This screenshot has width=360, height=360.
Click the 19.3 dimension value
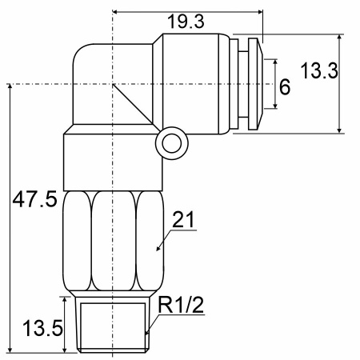(186, 22)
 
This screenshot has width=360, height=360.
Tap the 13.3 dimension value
(319, 71)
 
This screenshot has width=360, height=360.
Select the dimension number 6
(285, 87)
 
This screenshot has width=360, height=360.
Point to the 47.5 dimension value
(35, 199)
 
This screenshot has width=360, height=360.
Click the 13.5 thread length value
(42, 328)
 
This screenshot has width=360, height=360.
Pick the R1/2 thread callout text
(181, 305)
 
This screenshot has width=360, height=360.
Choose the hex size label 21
(184, 219)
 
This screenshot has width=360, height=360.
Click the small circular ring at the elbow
(172, 143)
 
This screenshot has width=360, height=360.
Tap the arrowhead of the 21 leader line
(158, 248)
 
